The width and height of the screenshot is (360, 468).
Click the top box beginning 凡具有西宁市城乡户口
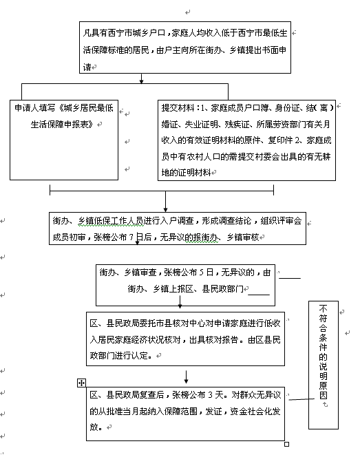pos(185,47)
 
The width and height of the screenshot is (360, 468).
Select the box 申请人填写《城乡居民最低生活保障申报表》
pos(64,140)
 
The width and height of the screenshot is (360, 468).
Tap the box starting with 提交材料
pos(246,140)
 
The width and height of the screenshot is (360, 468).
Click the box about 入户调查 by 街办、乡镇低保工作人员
pos(178,228)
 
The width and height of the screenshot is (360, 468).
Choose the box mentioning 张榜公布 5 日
pos(185,285)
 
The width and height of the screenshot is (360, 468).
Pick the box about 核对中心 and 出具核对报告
pos(185,339)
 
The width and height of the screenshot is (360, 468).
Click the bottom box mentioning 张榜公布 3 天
pos(185,414)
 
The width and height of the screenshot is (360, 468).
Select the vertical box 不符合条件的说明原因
pos(324,365)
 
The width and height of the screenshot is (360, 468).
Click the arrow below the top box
pos(142,78)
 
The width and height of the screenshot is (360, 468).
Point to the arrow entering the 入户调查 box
pos(165,202)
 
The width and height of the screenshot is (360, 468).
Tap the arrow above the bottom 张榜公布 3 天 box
pos(187,377)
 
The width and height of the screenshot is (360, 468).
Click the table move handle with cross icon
pos(81,383)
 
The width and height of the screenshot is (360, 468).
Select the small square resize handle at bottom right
pos(286,444)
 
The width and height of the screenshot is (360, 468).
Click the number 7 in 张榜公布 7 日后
pos(131,237)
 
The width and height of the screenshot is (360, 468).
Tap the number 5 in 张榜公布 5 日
pos(201,273)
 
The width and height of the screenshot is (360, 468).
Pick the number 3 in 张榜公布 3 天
pos(210,395)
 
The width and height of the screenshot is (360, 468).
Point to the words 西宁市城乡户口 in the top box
pos(136,33)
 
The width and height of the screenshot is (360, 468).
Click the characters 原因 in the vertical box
pos(324,390)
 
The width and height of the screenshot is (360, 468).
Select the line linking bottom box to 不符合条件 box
pos(301,398)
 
